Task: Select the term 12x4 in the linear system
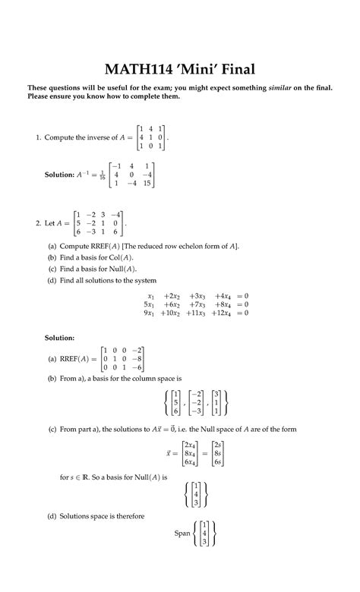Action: [225, 313]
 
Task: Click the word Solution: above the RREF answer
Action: [59, 337]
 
